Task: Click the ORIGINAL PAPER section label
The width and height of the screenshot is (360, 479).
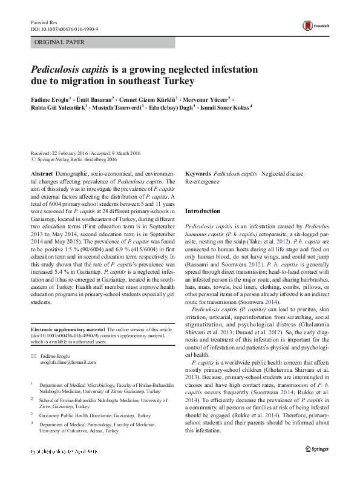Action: [x=60, y=42]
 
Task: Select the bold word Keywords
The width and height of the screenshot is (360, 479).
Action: [x=198, y=173]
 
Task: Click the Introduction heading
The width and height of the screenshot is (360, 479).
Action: [x=203, y=211]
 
